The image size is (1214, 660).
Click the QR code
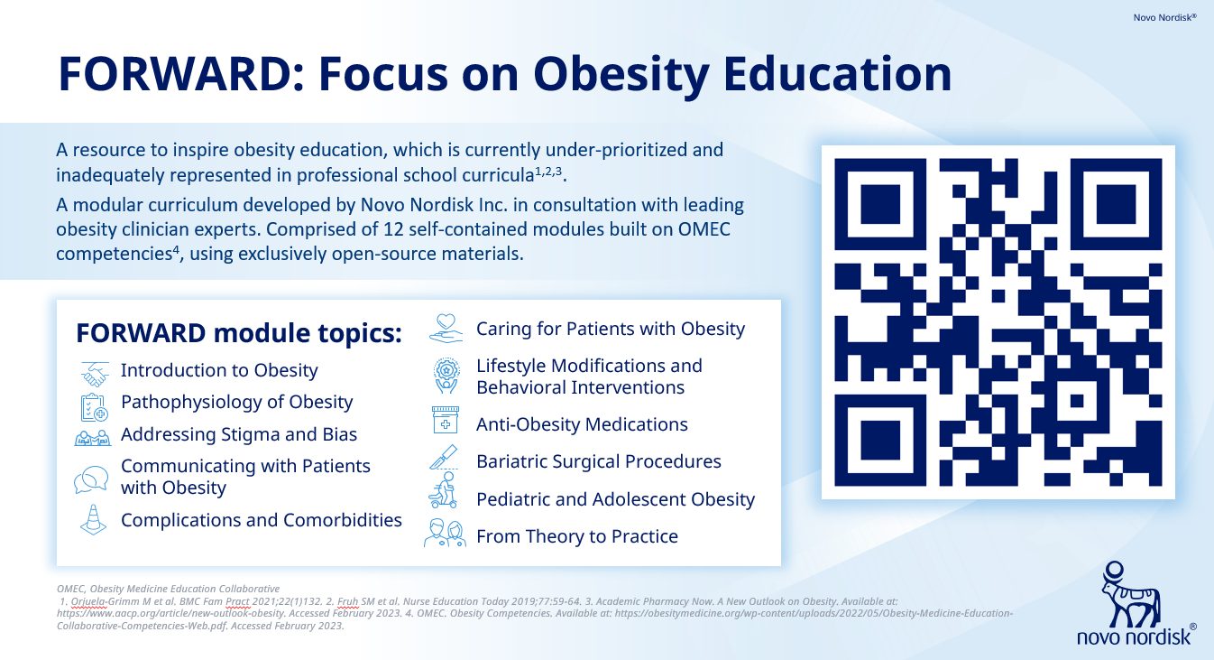[x=998, y=322]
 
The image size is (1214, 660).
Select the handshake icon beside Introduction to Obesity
[x=95, y=374]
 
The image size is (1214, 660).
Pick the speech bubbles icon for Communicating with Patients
[x=91, y=479]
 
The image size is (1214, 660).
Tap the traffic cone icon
[x=93, y=519]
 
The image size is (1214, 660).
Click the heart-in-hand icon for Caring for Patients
[x=446, y=329]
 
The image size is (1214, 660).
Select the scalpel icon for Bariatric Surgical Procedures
[x=444, y=457]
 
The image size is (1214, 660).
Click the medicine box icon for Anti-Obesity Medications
[x=446, y=420]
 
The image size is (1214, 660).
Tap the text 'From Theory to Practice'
[x=577, y=536]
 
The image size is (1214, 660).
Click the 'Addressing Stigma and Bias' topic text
[x=239, y=434]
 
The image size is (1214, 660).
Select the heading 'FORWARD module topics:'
[x=239, y=333]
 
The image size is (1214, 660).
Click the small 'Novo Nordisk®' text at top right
[x=1164, y=17]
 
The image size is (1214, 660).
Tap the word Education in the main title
[x=838, y=74]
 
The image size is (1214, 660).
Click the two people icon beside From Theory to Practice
[x=445, y=533]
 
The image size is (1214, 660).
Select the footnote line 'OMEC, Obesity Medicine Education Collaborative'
[x=168, y=589]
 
